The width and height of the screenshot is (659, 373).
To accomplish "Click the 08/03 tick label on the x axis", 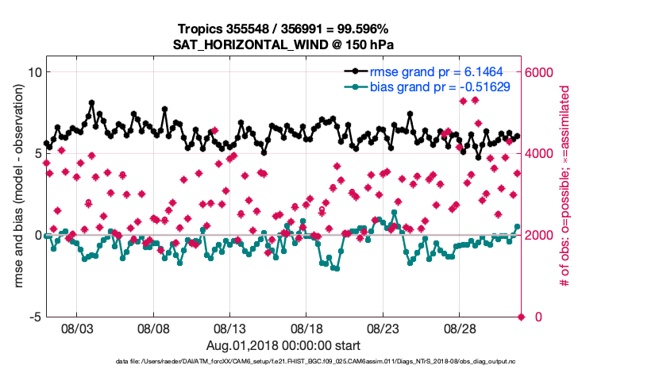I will tap(76, 328).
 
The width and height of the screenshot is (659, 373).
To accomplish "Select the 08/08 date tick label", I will tap(153, 328).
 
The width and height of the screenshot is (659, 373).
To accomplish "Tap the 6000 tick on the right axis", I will tap(541, 72).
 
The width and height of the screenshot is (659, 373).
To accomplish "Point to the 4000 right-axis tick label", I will tap(541, 154).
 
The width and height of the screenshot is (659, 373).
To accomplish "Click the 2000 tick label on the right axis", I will tap(541, 236).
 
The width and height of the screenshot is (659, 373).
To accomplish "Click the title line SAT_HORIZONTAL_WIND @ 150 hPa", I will tap(283, 44).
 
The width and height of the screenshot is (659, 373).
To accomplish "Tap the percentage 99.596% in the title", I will tap(362, 29).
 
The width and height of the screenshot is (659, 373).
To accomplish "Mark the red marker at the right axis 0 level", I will tap(522, 317).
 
